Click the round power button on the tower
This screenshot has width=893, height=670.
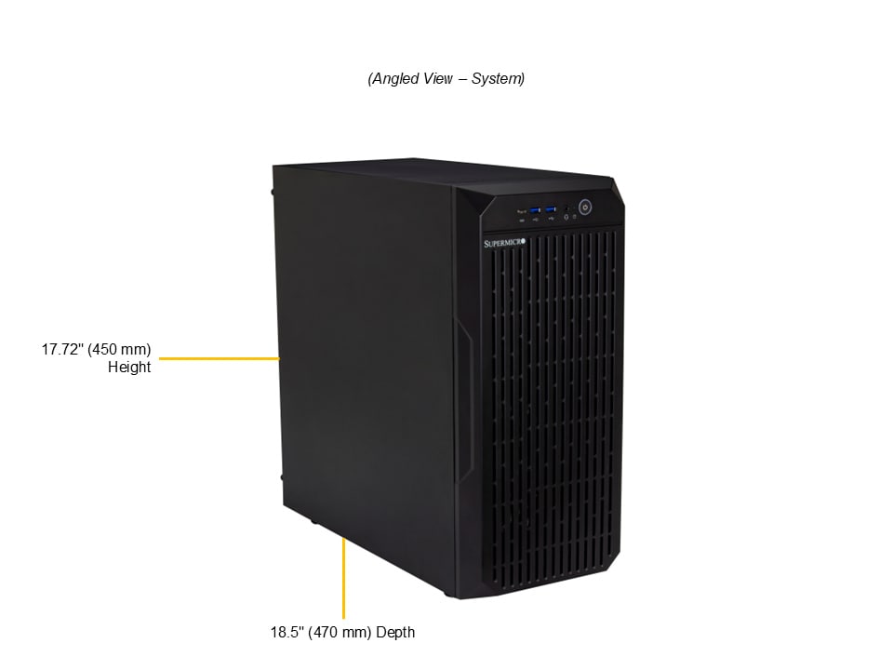(586, 208)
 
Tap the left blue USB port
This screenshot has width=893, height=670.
(534, 209)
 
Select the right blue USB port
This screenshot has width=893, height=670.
(551, 209)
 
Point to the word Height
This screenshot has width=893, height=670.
(129, 368)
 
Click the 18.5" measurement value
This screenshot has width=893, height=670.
(286, 633)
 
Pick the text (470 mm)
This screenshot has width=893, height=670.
(338, 633)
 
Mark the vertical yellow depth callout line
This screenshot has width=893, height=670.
(343, 577)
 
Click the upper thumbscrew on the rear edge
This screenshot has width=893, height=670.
(273, 193)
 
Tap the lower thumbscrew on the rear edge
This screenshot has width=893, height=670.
(282, 477)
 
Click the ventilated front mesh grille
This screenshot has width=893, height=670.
(553, 409)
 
